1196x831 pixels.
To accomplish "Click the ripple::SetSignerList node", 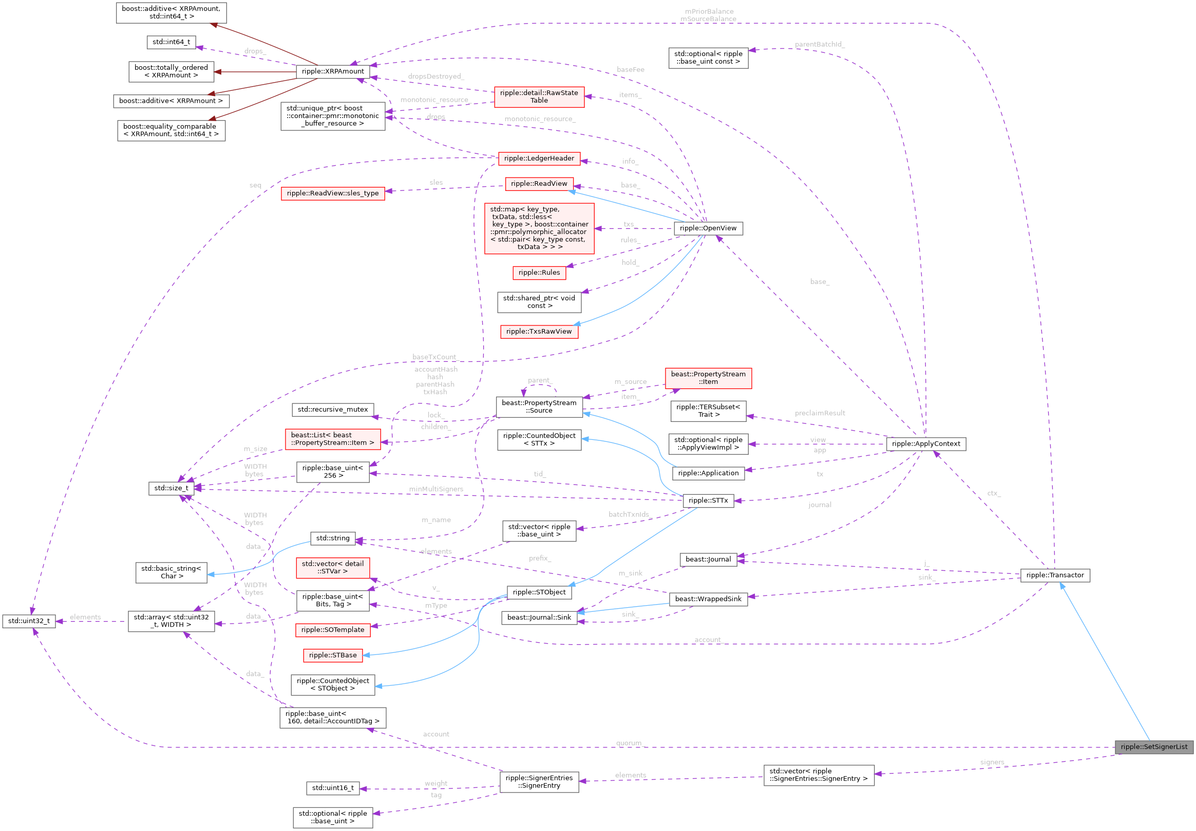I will click(x=1154, y=747).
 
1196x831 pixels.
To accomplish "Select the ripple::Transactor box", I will click(x=1055, y=575).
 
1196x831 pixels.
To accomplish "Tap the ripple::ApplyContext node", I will click(x=926, y=443).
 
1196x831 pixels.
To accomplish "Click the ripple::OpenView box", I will click(x=708, y=228).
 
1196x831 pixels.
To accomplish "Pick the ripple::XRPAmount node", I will click(x=333, y=71).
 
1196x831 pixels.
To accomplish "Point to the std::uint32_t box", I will click(x=29, y=621).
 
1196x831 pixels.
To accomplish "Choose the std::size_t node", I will click(x=171, y=488).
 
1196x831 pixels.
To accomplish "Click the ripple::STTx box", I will click(x=708, y=500).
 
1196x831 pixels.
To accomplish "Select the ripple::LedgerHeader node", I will click(x=539, y=158).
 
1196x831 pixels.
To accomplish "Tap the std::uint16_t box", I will click(x=332, y=788).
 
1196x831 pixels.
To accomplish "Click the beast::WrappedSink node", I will click(x=708, y=599).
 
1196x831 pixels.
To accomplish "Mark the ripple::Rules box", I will click(x=539, y=273).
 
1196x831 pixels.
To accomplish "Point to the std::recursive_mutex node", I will click(x=332, y=409).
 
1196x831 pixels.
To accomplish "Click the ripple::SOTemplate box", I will click(x=332, y=629).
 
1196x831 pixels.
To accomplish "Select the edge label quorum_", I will click(x=629, y=743).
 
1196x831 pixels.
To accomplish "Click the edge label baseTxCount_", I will click(x=434, y=357).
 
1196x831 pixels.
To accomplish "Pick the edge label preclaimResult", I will click(x=820, y=413).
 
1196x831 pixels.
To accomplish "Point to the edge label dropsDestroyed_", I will click(x=435, y=76).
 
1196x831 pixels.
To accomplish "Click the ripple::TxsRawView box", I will click(x=539, y=331).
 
